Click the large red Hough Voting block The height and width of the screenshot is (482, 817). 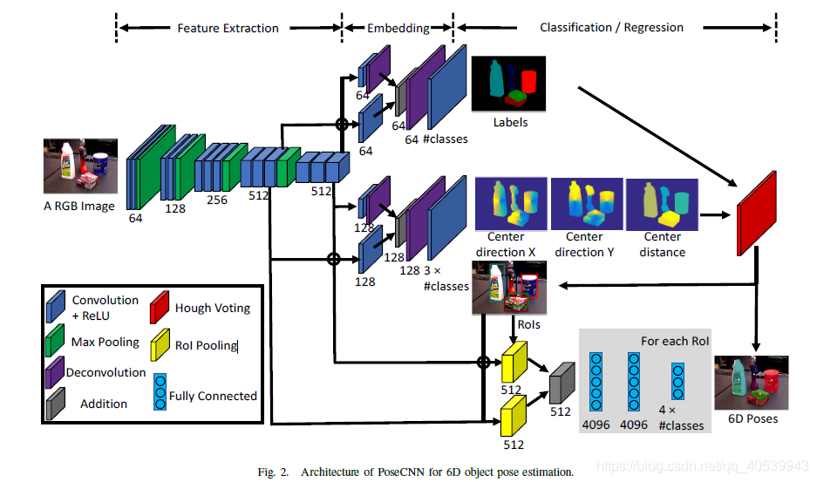click(x=757, y=214)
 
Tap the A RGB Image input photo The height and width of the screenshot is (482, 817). click(x=81, y=167)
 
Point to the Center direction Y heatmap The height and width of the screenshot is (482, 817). click(x=584, y=203)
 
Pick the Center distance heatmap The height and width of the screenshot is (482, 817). click(x=663, y=203)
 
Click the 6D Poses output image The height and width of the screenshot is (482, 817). click(x=751, y=383)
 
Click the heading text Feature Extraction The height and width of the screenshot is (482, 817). click(x=228, y=28)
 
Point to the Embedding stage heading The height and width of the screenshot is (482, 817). click(x=398, y=28)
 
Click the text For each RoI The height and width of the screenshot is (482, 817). click(x=675, y=340)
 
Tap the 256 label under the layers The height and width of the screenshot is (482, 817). click(x=216, y=200)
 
